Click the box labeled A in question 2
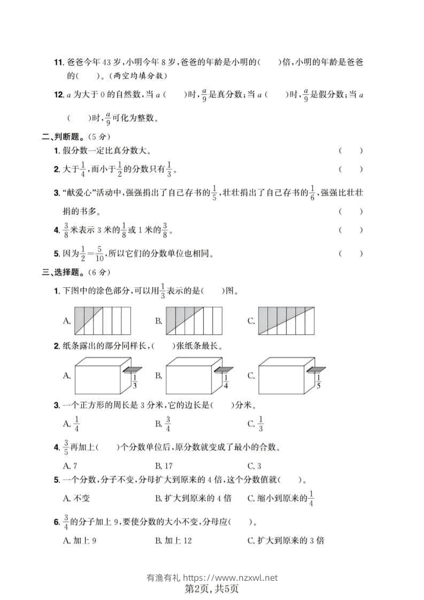click(x=101, y=375)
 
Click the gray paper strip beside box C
click(x=318, y=369)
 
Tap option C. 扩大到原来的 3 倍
click(x=286, y=540)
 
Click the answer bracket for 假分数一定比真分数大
click(x=351, y=151)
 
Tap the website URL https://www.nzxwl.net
click(x=230, y=578)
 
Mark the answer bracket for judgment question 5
click(x=351, y=253)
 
